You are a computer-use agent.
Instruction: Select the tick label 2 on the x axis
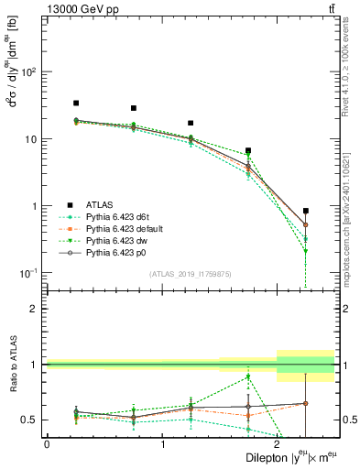click(x=278, y=444)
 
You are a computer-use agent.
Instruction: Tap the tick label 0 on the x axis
click(x=47, y=444)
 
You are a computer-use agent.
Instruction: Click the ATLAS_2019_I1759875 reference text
click(x=191, y=273)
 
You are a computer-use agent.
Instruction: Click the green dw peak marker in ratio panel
click(x=248, y=376)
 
